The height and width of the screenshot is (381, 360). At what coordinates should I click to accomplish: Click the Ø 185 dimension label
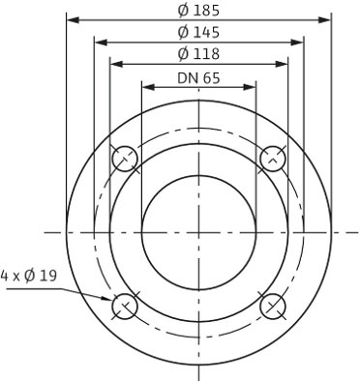click(x=198, y=11)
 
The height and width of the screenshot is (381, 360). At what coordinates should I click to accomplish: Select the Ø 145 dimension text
click(x=198, y=32)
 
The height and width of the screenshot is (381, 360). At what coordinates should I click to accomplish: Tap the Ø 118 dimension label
click(x=198, y=54)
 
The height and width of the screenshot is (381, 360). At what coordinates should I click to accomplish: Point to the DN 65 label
click(x=198, y=76)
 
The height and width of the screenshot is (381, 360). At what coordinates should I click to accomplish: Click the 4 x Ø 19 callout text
click(x=30, y=276)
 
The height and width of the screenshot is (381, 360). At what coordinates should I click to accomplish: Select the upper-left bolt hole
click(x=125, y=159)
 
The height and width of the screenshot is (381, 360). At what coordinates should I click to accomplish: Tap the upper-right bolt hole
click(x=274, y=159)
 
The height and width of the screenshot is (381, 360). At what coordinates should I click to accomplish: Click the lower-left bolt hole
click(x=125, y=307)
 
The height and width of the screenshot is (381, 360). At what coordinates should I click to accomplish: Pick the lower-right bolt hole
click(x=274, y=307)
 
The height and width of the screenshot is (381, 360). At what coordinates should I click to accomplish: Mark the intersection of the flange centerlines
click(x=199, y=232)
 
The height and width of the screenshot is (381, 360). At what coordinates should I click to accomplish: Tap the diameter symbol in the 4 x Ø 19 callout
click(x=31, y=276)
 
